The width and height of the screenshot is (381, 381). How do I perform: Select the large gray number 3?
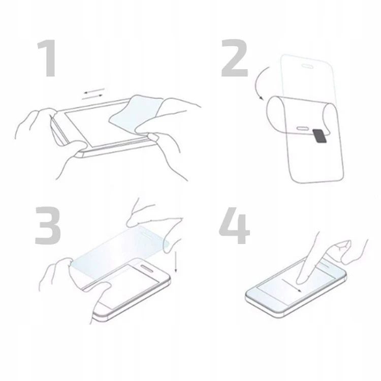[x=48, y=225]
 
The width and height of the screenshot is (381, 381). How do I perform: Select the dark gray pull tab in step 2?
[x=319, y=136]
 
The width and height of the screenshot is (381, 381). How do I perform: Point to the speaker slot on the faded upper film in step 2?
[x=308, y=65]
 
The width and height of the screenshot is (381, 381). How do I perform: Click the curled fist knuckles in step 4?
[x=351, y=249]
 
